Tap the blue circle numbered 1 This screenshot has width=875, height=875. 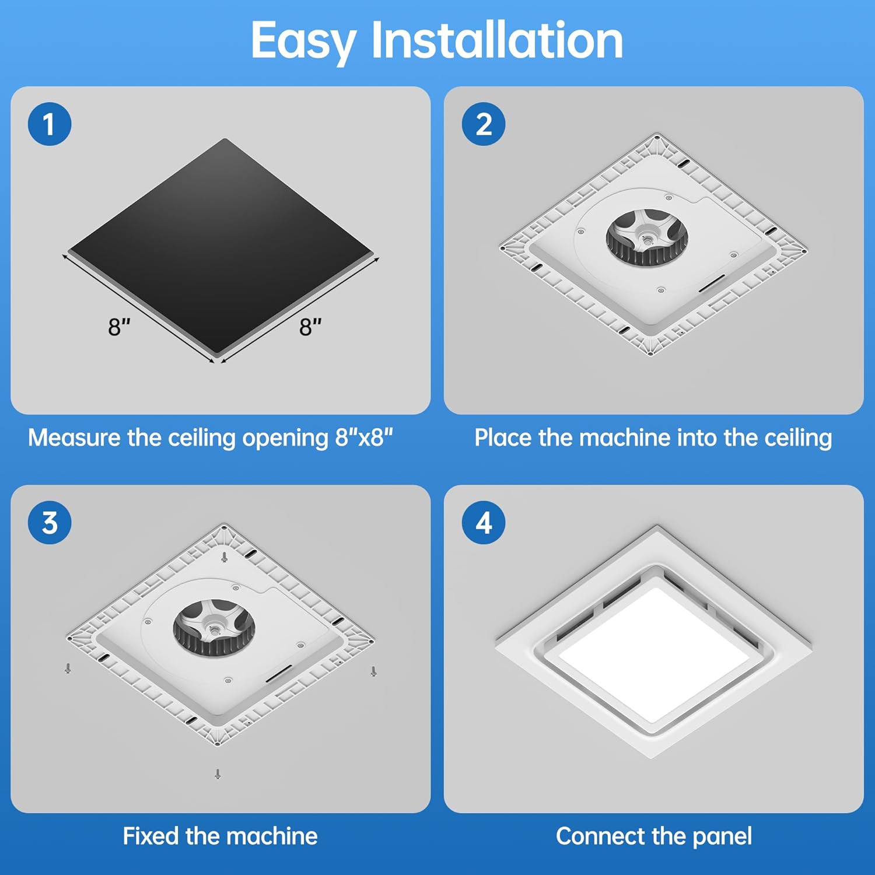click(50, 124)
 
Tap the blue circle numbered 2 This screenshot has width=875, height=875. click(483, 124)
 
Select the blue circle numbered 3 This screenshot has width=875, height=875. click(50, 523)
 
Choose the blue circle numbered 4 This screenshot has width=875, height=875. click(483, 523)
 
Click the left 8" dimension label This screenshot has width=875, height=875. click(119, 327)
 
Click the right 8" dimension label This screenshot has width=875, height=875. click(310, 327)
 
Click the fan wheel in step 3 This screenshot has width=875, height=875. click(213, 628)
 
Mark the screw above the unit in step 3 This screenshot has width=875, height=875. click(224, 557)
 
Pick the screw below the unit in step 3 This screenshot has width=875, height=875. click(218, 774)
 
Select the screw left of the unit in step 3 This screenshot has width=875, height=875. click(68, 668)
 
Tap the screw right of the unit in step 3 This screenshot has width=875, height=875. click(373, 671)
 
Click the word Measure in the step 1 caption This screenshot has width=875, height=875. click(73, 437)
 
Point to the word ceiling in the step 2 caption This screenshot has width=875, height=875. click(798, 437)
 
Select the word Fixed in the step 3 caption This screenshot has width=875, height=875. click(150, 836)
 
